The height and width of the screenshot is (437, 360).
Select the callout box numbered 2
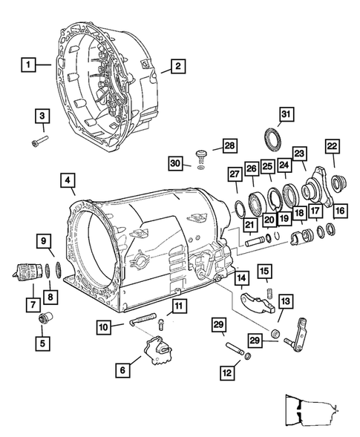click(x=177, y=67)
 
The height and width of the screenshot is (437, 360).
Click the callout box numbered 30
click(x=176, y=162)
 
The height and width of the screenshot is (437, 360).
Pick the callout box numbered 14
click(x=241, y=278)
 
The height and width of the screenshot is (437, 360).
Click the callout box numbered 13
click(x=286, y=301)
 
